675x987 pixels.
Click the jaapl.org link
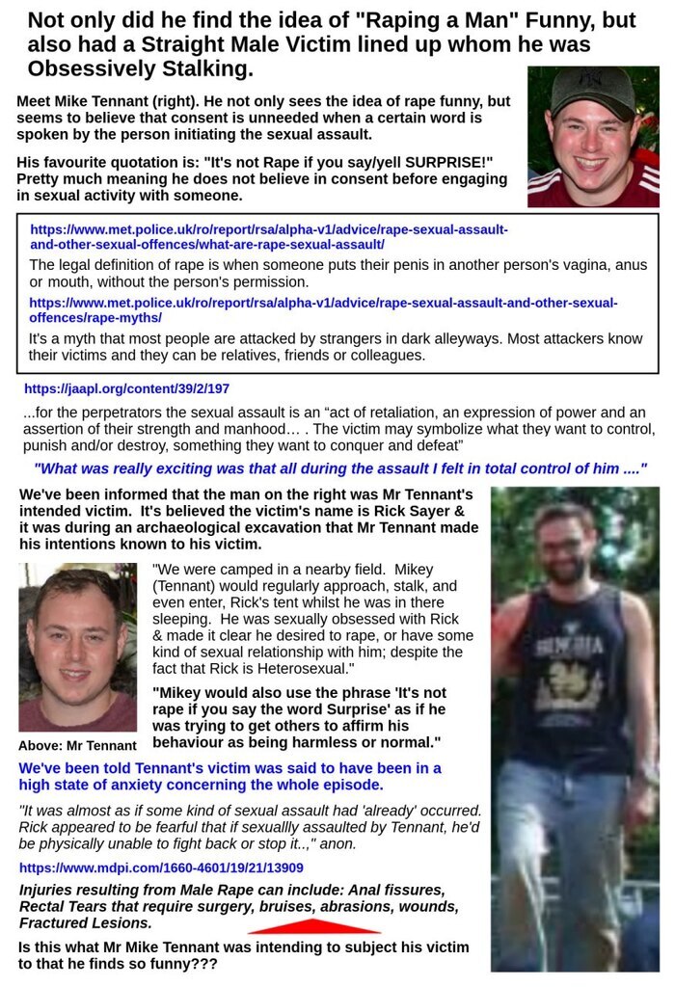(126, 389)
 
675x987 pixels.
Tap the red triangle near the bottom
(314, 926)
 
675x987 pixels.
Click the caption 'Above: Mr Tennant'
(77, 745)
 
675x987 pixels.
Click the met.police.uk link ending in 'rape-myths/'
(323, 309)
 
